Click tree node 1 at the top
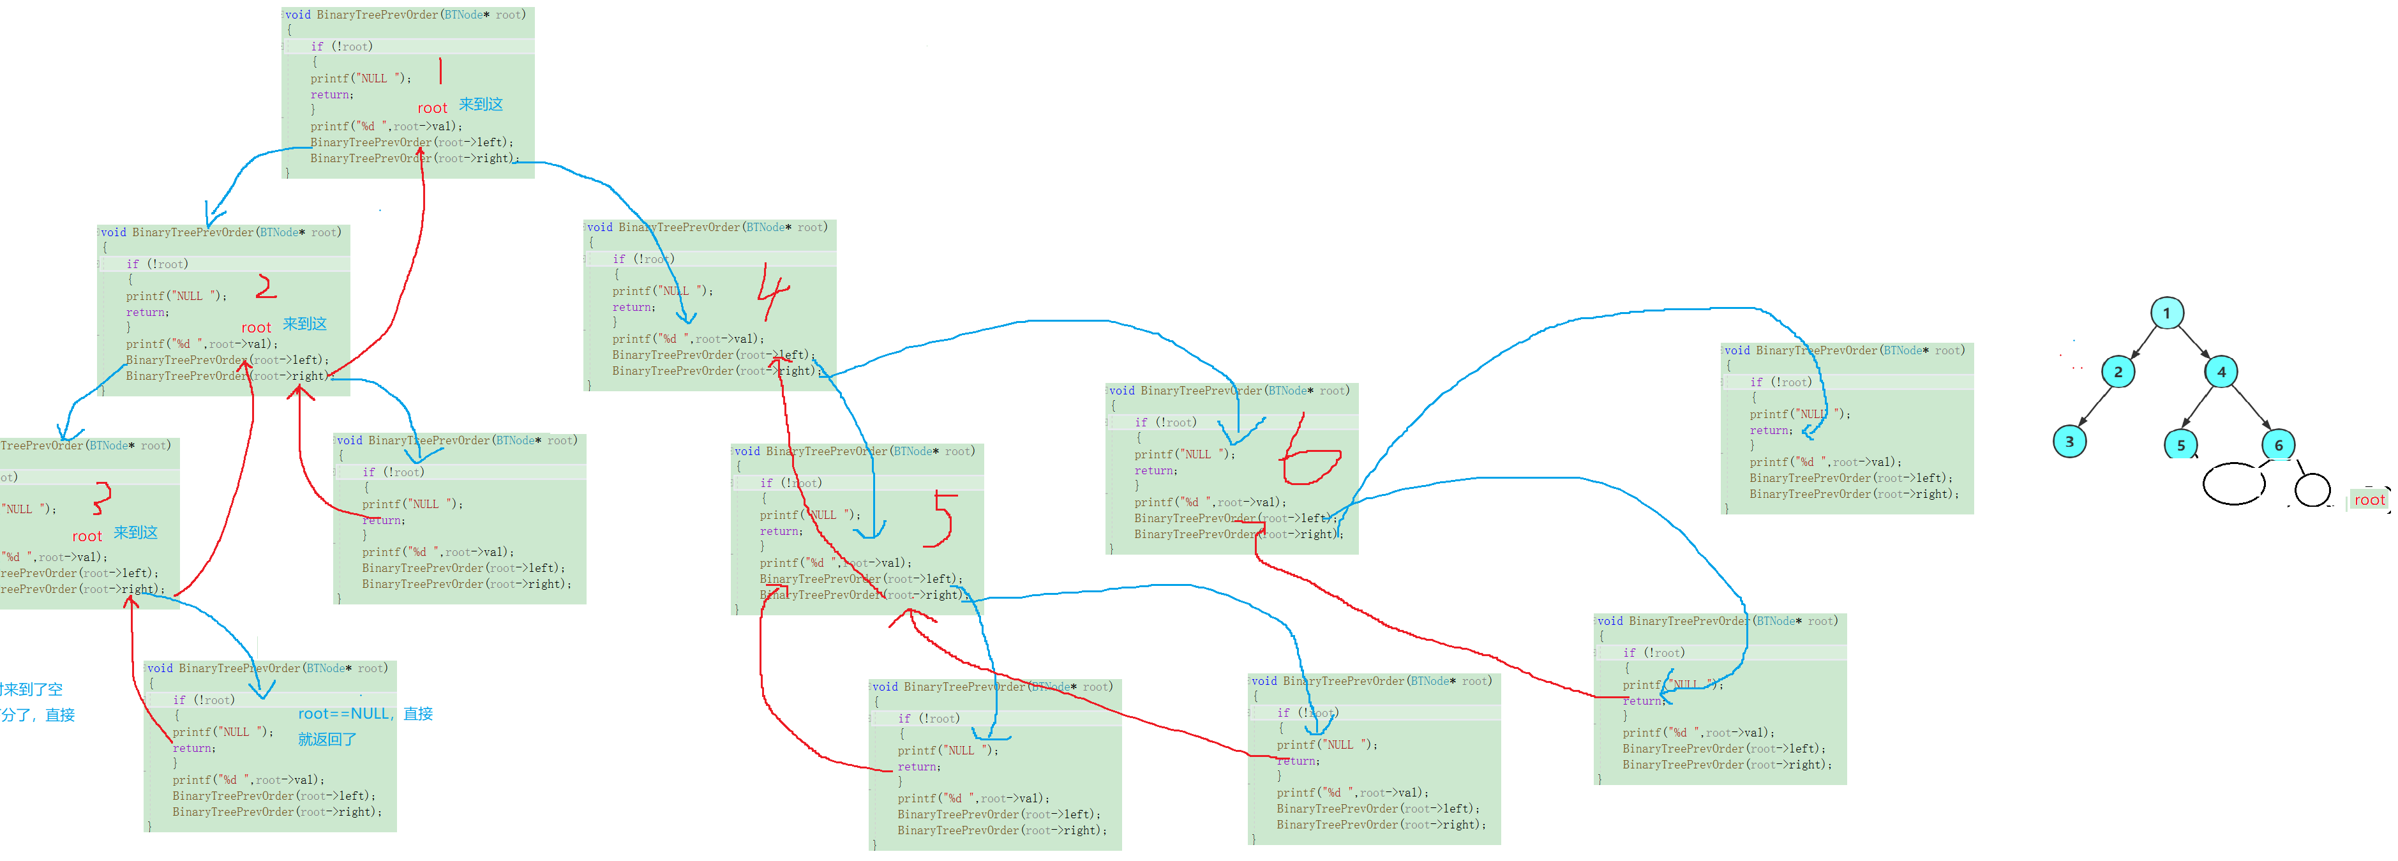(2166, 313)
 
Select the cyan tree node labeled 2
(2118, 371)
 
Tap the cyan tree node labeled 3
(2069, 441)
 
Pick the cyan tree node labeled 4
(2221, 371)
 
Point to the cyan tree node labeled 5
(2180, 444)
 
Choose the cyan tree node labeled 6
(2278, 444)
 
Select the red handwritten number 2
(266, 286)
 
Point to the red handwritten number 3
(101, 498)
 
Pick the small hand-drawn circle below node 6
(2312, 490)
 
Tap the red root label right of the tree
(2369, 500)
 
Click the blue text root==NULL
(343, 714)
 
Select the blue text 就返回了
(327, 739)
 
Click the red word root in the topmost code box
(432, 108)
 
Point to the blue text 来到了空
(32, 690)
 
